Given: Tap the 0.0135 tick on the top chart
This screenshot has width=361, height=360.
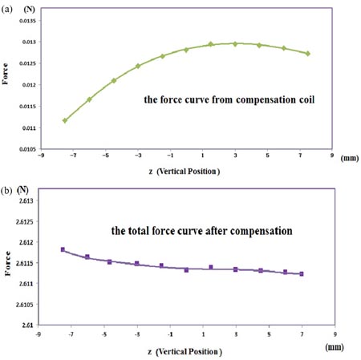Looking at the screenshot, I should tap(26, 21).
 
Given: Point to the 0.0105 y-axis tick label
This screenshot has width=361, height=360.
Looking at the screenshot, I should tap(26, 149).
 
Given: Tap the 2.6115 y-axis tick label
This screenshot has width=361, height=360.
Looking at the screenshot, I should tap(26, 263).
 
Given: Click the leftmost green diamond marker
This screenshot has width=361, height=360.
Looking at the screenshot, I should tap(65, 120).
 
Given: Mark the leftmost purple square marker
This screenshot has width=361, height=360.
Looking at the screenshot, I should tap(63, 249).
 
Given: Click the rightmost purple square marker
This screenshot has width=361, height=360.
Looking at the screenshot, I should tap(302, 274).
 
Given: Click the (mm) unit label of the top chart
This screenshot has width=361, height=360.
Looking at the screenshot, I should tap(350, 158).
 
